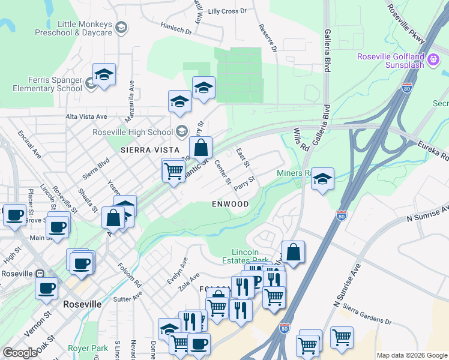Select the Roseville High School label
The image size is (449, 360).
133,132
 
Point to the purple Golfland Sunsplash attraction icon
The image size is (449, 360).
433,60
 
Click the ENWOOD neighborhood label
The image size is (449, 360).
230,204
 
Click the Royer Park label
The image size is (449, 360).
88,347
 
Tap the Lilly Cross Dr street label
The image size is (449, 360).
228,11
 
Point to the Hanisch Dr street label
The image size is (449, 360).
176,28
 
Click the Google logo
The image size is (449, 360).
20,352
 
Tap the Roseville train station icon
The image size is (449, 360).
40,274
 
